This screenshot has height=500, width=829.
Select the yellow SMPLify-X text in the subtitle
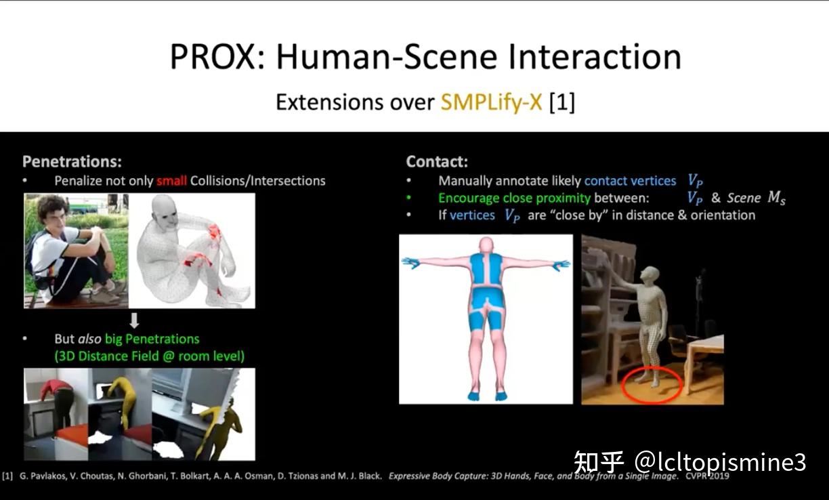coord(492,102)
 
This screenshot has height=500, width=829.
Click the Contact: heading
coord(437,161)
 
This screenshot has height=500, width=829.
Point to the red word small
coord(171,181)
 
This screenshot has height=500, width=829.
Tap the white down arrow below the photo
coord(134,320)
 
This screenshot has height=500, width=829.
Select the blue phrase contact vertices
coord(630,181)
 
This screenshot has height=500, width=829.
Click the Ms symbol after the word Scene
coord(776,198)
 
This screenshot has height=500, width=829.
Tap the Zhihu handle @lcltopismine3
coord(721,462)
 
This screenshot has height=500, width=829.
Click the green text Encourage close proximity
coord(514,198)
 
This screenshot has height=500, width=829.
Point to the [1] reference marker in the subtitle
coord(562,102)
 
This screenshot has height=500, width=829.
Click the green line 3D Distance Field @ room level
coord(149,355)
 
